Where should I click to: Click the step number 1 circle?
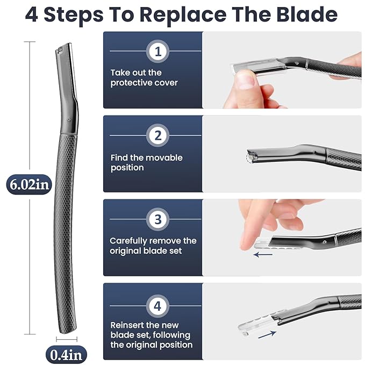click(158, 52)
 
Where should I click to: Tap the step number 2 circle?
click(158, 136)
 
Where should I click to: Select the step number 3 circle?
click(158, 219)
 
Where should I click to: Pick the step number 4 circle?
click(158, 306)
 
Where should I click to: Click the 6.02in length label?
click(28, 184)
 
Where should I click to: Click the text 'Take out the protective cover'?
click(144, 77)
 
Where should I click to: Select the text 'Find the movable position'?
click(146, 162)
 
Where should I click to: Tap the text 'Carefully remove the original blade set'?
click(153, 246)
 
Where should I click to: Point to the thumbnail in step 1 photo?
click(247, 80)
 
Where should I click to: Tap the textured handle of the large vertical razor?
click(67, 226)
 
